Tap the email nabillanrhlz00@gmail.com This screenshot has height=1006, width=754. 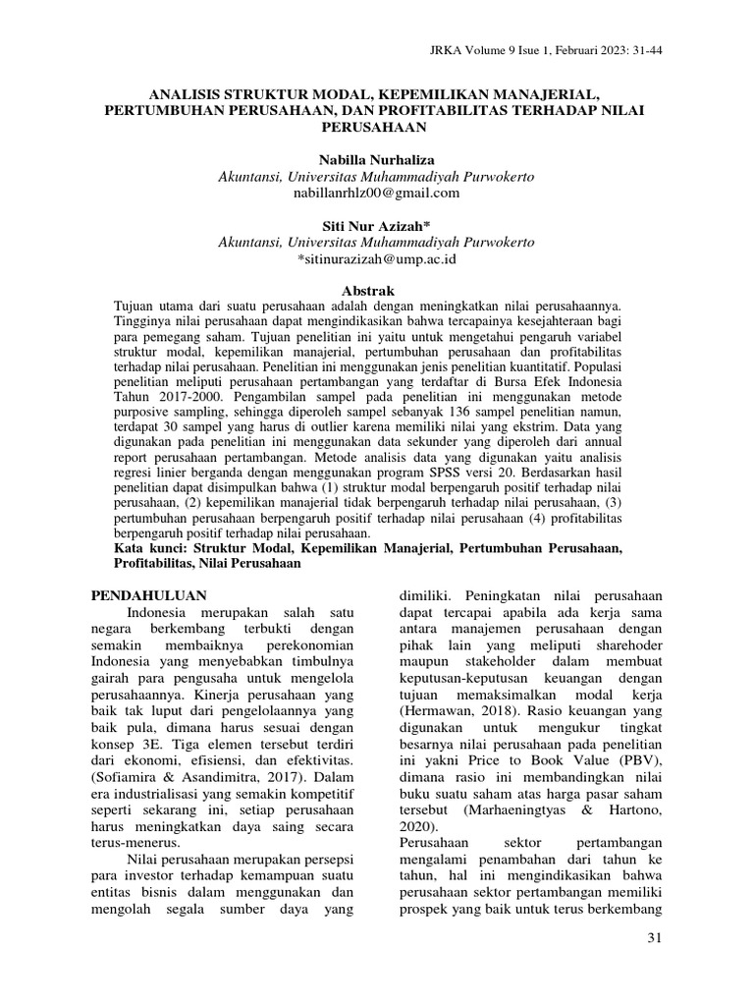pyautogui.click(x=377, y=193)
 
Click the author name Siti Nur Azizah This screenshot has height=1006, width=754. pyautogui.click(x=377, y=226)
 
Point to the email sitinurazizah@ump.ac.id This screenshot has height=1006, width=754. pyautogui.click(x=377, y=259)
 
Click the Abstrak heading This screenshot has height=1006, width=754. pyautogui.click(x=366, y=291)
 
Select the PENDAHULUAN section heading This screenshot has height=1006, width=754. pyautogui.click(x=148, y=594)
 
